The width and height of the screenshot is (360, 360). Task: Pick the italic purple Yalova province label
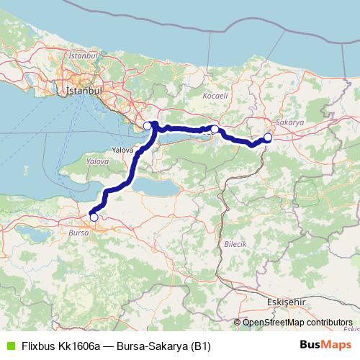click(x=96, y=163)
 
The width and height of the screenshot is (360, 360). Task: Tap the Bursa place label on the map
click(x=77, y=233)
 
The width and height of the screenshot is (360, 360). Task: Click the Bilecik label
click(x=236, y=245)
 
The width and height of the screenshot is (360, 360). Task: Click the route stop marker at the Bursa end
click(x=94, y=217)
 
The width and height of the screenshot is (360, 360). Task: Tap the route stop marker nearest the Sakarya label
click(x=268, y=137)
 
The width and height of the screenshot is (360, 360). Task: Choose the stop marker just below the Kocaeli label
click(x=215, y=129)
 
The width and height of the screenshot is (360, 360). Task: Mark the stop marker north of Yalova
click(x=147, y=126)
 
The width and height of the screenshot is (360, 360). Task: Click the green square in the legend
click(x=9, y=345)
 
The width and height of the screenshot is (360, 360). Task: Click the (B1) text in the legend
click(x=199, y=345)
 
